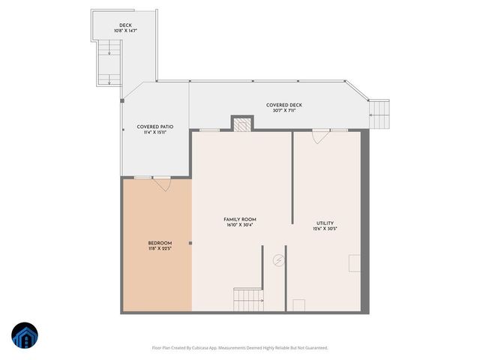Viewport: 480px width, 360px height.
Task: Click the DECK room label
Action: [125, 25]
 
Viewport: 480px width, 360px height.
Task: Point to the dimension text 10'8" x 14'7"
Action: [125, 31]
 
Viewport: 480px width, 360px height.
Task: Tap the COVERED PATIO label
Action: [155, 127]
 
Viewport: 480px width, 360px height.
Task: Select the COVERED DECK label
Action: [284, 105]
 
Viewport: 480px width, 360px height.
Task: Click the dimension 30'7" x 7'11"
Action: [284, 111]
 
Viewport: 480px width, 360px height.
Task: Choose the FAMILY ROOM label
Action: [240, 219]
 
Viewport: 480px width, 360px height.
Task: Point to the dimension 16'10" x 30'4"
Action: [240, 225]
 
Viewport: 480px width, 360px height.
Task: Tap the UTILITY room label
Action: [325, 223]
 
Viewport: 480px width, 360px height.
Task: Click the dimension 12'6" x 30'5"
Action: [325, 229]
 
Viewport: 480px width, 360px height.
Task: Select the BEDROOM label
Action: [160, 243]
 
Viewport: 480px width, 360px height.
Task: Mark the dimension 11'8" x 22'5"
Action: [160, 249]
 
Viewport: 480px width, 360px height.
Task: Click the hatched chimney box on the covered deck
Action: [242, 124]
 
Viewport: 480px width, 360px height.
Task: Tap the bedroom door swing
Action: [162, 183]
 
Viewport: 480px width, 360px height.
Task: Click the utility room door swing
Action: [321, 136]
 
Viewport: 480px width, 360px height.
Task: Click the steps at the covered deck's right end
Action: [380, 114]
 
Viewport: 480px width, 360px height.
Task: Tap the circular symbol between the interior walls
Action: [278, 260]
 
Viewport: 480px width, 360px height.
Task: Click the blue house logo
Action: [25, 336]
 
